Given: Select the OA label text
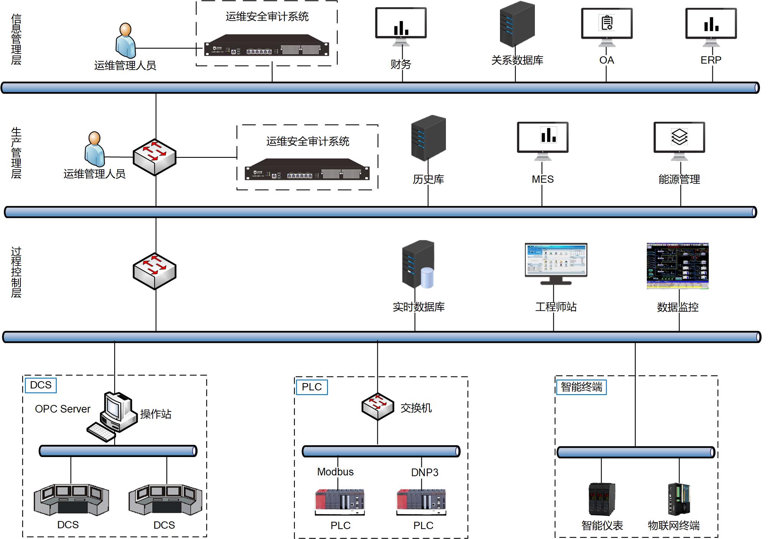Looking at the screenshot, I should point(607,60).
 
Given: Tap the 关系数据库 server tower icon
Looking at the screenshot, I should point(517,24).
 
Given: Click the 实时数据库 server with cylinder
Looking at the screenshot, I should point(418,264).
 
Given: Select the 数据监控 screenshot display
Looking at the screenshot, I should point(678,266).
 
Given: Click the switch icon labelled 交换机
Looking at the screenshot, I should point(378,406).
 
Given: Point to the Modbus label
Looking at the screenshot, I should point(335,472).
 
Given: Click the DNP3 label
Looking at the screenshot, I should point(424,472).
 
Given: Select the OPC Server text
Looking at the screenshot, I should point(62,409).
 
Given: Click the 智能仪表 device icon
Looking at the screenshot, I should point(602,499).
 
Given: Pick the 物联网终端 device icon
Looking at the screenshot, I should point(679,499).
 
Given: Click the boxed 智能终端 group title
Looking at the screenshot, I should point(581,387).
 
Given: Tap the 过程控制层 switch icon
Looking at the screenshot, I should point(155,271).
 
